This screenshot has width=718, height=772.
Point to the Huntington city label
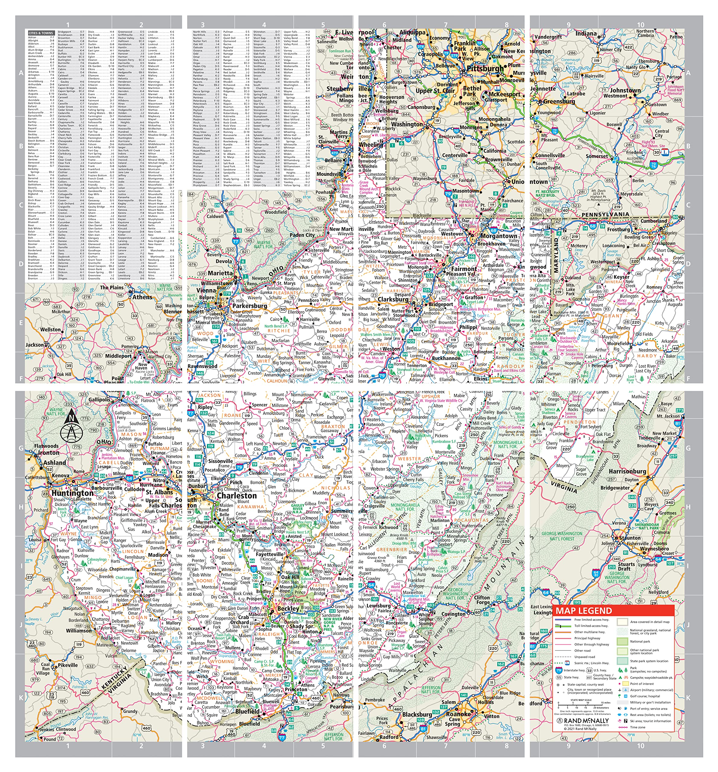tap(73, 493)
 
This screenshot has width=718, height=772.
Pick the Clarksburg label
tap(393, 299)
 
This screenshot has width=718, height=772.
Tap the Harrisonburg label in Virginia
tap(627, 471)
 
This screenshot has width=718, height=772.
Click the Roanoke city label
tap(458, 714)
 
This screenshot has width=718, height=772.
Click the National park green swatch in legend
tap(622, 641)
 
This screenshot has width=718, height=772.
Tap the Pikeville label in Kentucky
tap(68, 665)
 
